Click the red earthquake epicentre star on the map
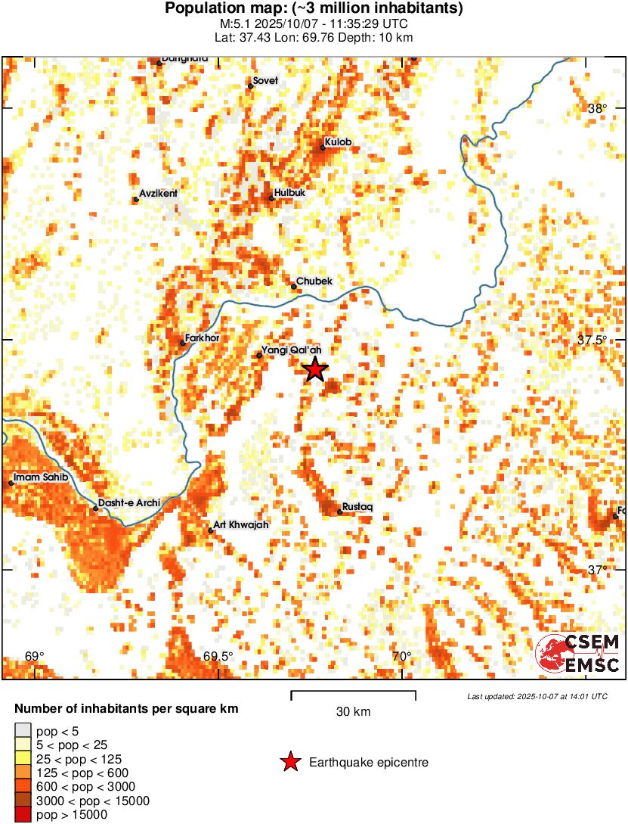(x=315, y=369)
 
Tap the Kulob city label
(x=338, y=142)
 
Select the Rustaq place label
(x=357, y=506)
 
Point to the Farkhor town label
(x=202, y=338)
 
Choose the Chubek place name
(x=314, y=281)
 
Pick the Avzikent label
(x=158, y=194)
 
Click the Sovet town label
(x=265, y=81)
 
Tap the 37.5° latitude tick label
(x=592, y=340)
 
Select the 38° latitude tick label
(x=597, y=109)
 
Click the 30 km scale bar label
(x=353, y=712)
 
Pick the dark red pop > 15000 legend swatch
(x=23, y=814)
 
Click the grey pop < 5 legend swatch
(x=23, y=730)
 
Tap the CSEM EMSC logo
(x=577, y=653)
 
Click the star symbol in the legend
(x=290, y=763)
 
